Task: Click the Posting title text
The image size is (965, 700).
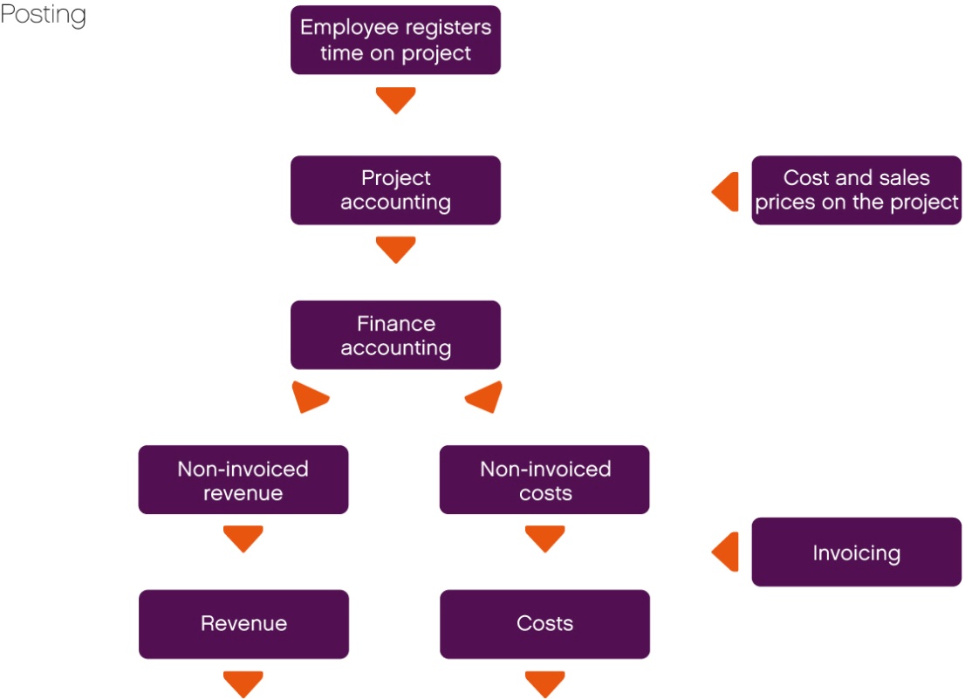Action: pyautogui.click(x=43, y=16)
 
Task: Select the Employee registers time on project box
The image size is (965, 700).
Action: pyautogui.click(x=395, y=40)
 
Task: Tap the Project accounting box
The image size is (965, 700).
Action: pyautogui.click(x=395, y=190)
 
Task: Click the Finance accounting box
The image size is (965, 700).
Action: pyautogui.click(x=395, y=335)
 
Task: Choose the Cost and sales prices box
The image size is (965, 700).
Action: pyautogui.click(x=856, y=190)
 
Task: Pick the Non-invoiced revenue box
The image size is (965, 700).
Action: pyautogui.click(x=243, y=480)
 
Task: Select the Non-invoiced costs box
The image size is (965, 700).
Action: pyautogui.click(x=544, y=480)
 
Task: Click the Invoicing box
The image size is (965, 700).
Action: pyautogui.click(x=856, y=552)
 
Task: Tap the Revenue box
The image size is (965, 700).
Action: pyautogui.click(x=243, y=624)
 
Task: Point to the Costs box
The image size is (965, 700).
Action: pyautogui.click(x=544, y=624)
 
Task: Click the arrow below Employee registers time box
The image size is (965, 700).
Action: pyautogui.click(x=395, y=100)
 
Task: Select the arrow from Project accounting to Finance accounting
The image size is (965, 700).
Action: pyautogui.click(x=395, y=249)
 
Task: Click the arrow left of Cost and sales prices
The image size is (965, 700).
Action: pyautogui.click(x=727, y=191)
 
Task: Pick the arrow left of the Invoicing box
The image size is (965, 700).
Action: pyautogui.click(x=727, y=552)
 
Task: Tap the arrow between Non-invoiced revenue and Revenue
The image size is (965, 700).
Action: pyautogui.click(x=243, y=538)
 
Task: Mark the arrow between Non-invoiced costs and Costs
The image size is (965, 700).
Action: pyautogui.click(x=544, y=538)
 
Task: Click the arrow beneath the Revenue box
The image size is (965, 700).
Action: pyautogui.click(x=243, y=683)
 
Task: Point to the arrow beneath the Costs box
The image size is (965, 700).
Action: pyautogui.click(x=544, y=683)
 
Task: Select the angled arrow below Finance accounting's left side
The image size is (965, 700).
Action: pyautogui.click(x=310, y=398)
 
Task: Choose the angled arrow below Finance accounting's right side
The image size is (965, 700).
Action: pyautogui.click(x=485, y=398)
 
